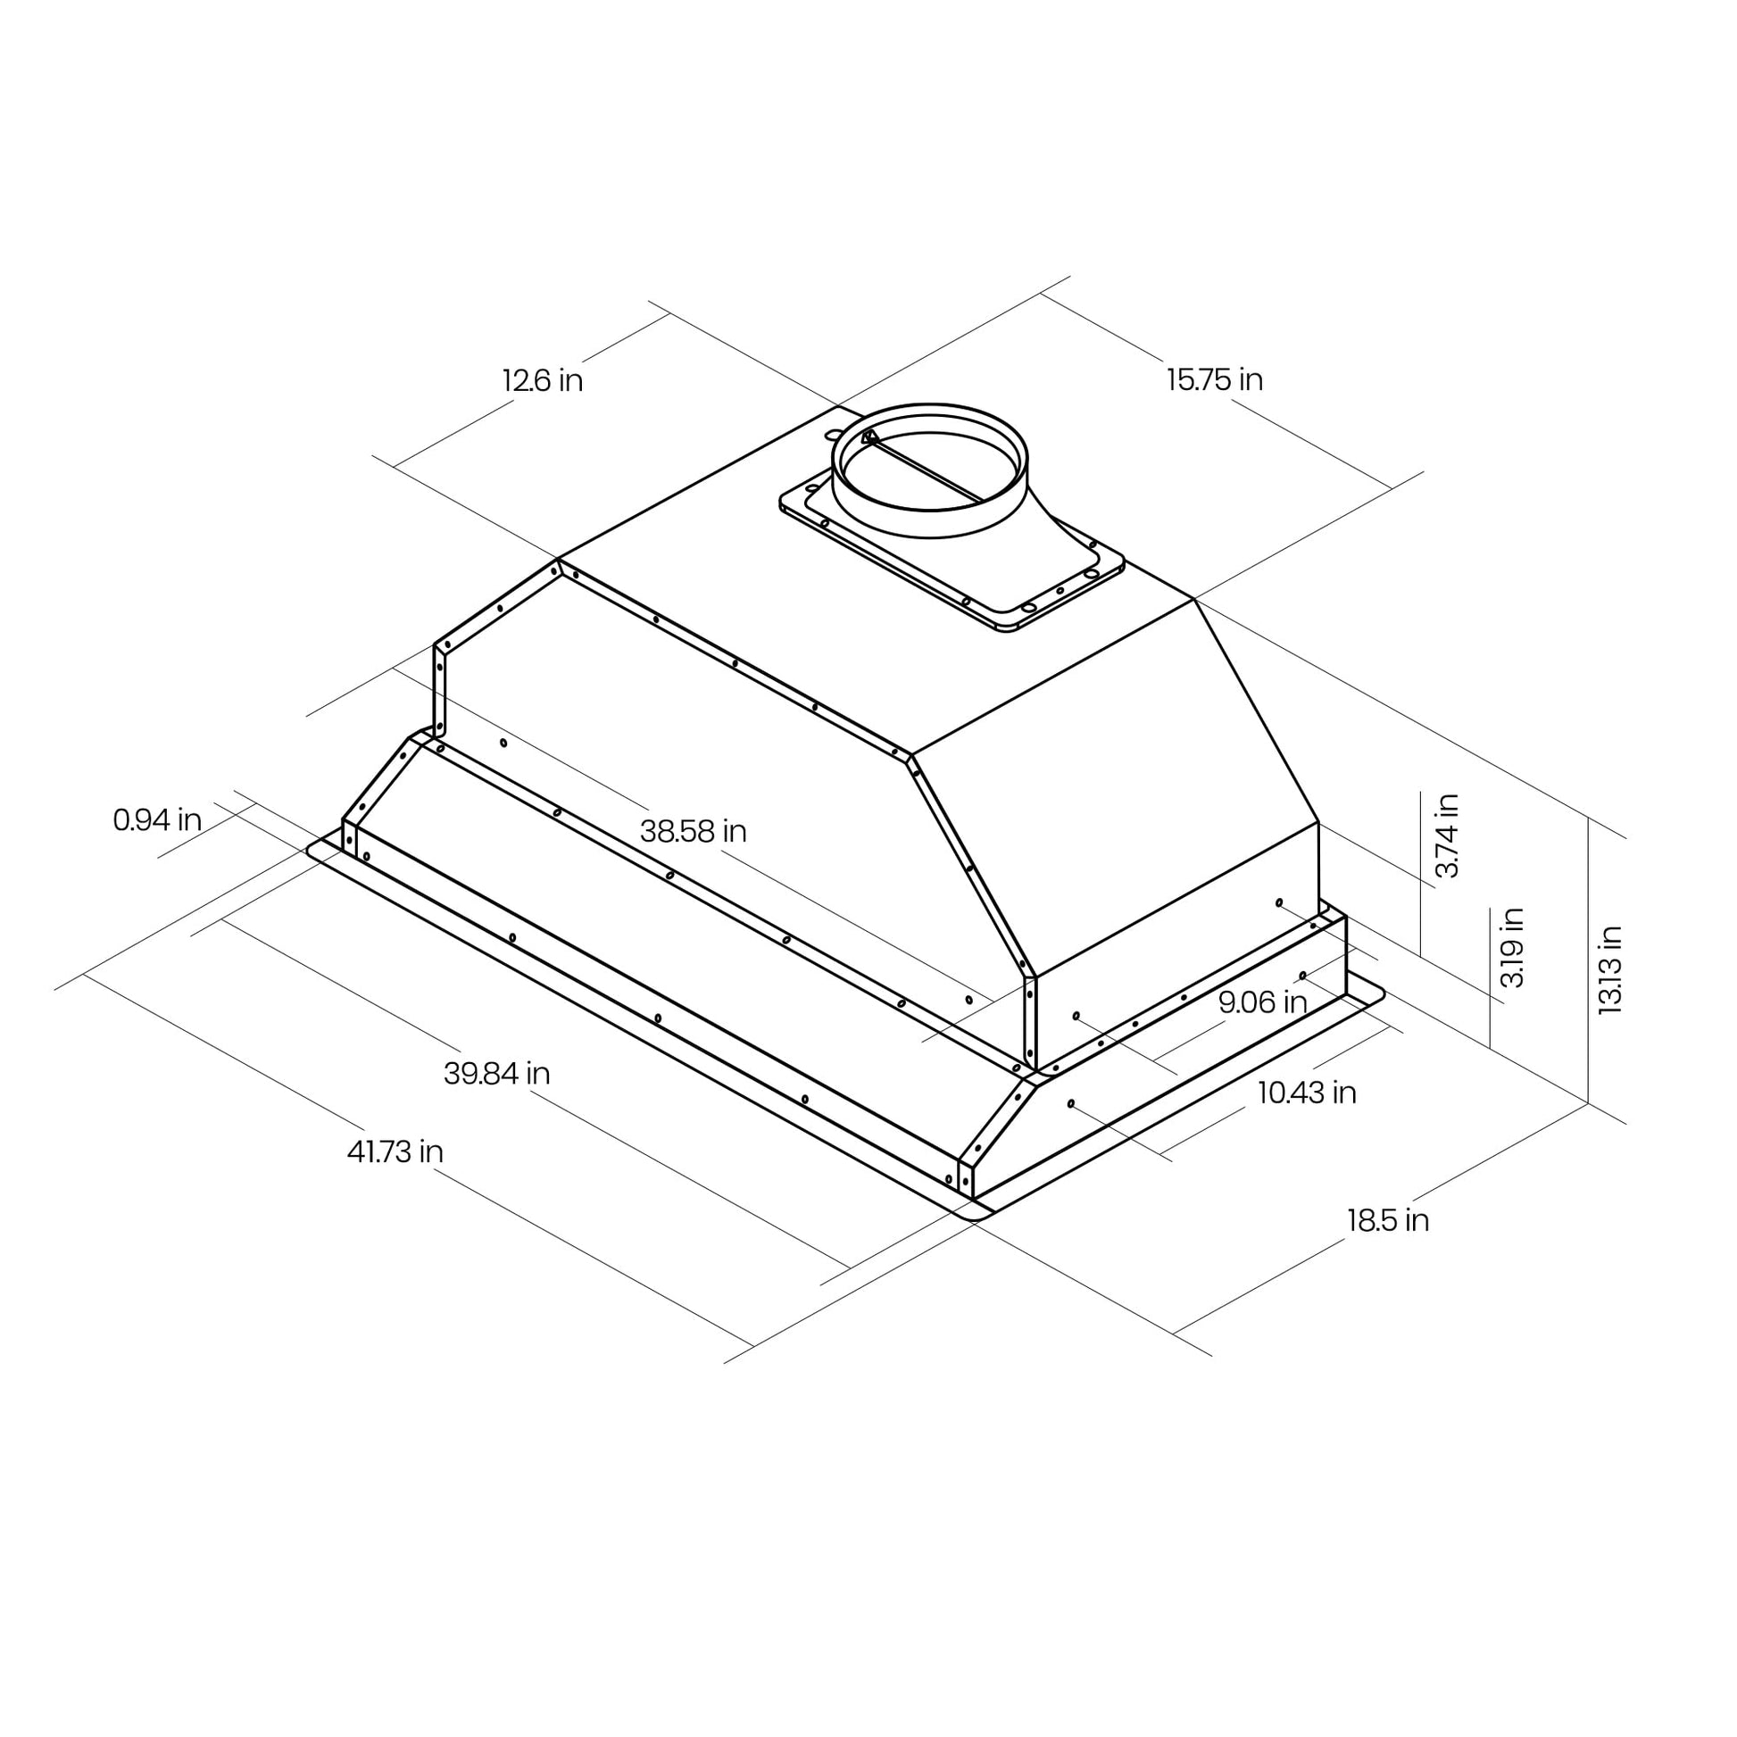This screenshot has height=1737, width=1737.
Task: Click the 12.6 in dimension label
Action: [542, 380]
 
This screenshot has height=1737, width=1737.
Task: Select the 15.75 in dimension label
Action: [1215, 379]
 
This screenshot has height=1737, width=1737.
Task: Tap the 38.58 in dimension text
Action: [694, 831]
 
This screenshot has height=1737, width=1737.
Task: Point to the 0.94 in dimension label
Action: [157, 819]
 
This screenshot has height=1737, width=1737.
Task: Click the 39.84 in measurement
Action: [497, 1074]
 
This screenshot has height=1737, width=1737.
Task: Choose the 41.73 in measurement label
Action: [395, 1151]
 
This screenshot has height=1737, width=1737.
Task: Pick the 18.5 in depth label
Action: [1387, 1220]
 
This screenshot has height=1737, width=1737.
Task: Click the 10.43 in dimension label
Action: [1307, 1093]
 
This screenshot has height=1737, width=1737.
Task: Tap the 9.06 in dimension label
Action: [1262, 1001]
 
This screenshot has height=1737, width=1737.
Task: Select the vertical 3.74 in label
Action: [1447, 835]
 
